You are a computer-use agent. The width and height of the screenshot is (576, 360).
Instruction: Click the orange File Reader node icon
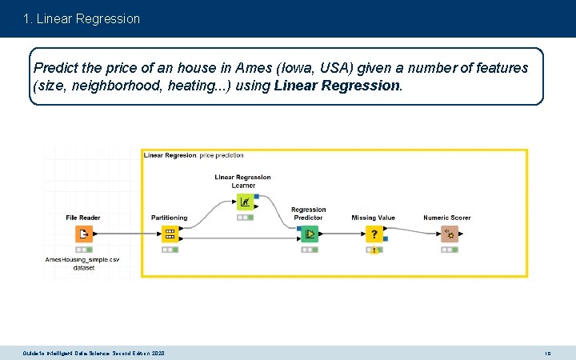coord(84,234)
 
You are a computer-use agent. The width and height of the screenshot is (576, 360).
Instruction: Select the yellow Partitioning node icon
coord(169,234)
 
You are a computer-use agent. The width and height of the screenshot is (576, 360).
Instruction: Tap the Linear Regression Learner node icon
coord(244,201)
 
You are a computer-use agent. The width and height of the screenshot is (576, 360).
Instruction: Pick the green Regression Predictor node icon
coord(309,234)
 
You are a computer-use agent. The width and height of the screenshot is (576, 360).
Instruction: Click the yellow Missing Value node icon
coord(374,234)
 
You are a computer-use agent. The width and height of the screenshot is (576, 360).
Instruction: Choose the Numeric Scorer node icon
coord(448,234)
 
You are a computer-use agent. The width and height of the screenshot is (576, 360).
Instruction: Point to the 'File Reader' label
coord(83,218)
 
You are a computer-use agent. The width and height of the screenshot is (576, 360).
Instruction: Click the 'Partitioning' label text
coord(169,218)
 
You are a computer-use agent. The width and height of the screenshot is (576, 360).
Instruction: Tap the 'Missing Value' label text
coord(374,218)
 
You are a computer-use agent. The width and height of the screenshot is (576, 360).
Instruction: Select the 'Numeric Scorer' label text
coord(447,218)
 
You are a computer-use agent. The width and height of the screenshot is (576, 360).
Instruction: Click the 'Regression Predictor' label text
coord(309,214)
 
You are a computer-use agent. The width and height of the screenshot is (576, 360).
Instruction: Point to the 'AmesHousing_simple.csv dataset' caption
coord(82,264)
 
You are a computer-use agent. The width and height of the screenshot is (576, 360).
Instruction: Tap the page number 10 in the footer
coord(548,353)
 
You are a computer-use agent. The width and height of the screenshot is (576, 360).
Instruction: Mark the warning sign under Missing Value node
coord(374,250)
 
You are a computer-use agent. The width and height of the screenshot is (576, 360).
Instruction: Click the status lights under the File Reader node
coord(84,250)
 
